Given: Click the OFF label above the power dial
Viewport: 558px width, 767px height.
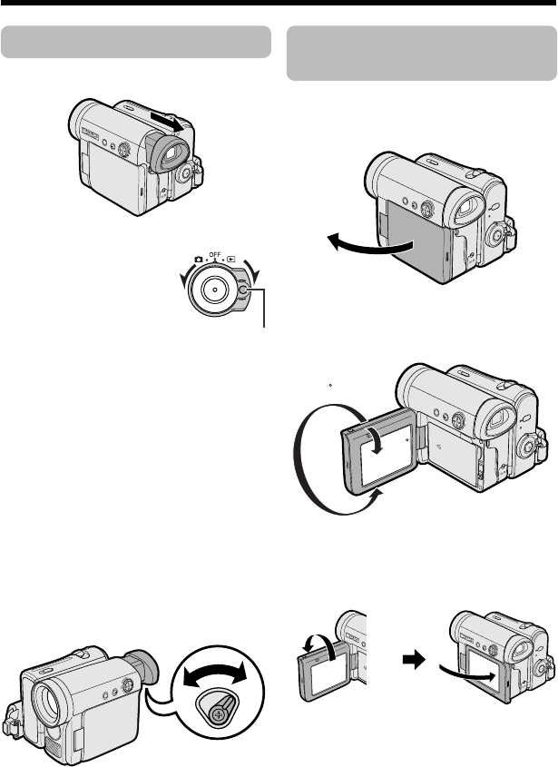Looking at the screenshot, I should (214, 256).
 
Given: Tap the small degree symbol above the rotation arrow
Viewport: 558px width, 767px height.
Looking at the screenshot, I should (332, 383).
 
